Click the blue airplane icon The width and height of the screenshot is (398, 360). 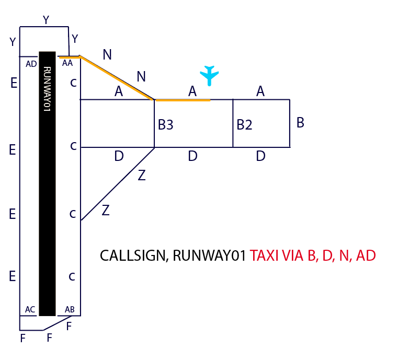210,75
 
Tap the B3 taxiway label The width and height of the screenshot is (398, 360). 165,125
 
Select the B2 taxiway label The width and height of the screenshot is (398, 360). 244,125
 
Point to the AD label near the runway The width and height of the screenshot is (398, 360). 31,64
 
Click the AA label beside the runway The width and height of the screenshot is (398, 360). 67,63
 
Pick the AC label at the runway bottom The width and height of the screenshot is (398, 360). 30,309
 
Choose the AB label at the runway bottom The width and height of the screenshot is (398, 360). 69,309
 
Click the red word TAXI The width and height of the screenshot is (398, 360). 264,256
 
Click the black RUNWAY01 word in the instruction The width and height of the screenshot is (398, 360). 209,256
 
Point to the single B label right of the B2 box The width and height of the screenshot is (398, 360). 300,123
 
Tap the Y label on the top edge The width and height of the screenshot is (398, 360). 46,20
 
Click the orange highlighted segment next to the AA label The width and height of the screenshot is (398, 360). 69,56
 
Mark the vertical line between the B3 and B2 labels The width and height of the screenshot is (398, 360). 233,123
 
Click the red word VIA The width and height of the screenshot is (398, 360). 292,256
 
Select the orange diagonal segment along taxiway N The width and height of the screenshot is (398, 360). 117,78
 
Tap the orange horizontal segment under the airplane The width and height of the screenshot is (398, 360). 183,99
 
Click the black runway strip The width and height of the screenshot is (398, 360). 47,209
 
